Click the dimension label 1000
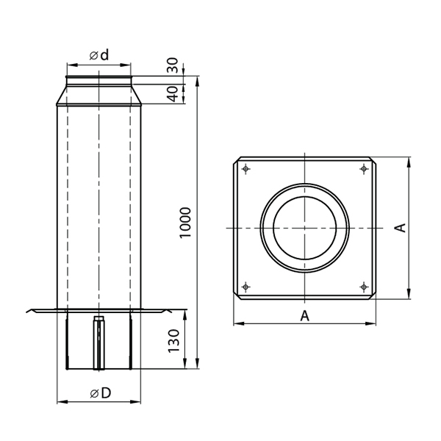click(185, 223)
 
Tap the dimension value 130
click(173, 340)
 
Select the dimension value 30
click(173, 65)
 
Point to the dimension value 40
click(173, 94)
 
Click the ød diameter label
click(99, 55)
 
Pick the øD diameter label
click(101, 393)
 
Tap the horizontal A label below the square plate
click(304, 316)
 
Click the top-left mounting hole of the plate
click(246, 169)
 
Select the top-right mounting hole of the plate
click(365, 169)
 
